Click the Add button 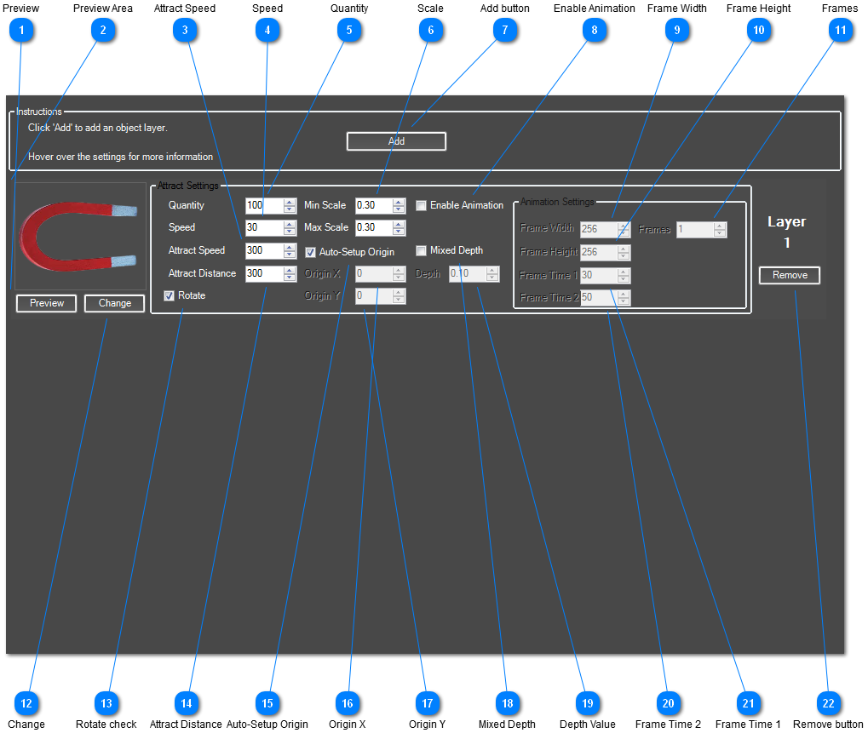[x=396, y=141]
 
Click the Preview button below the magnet [x=46, y=303]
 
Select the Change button [x=114, y=303]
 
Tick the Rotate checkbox [x=170, y=296]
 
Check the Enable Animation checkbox [x=422, y=205]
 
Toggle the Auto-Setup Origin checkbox [x=311, y=252]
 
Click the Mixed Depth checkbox [x=422, y=251]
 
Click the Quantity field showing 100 [x=263, y=205]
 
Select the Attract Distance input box [x=263, y=274]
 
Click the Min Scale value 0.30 [x=372, y=205]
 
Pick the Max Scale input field [x=372, y=228]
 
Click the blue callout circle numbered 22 [x=828, y=703]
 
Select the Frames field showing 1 [x=694, y=229]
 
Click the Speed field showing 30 [x=263, y=228]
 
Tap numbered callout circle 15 [x=267, y=703]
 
